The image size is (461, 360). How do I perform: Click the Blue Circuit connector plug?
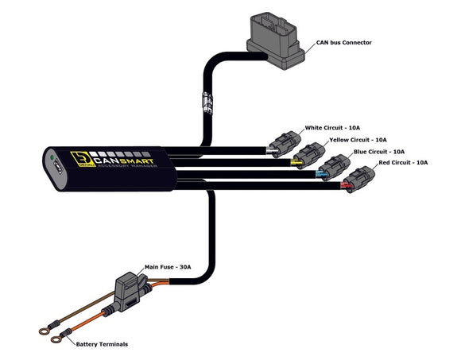pos(335,166)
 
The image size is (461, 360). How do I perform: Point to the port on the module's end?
pos(56,172)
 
